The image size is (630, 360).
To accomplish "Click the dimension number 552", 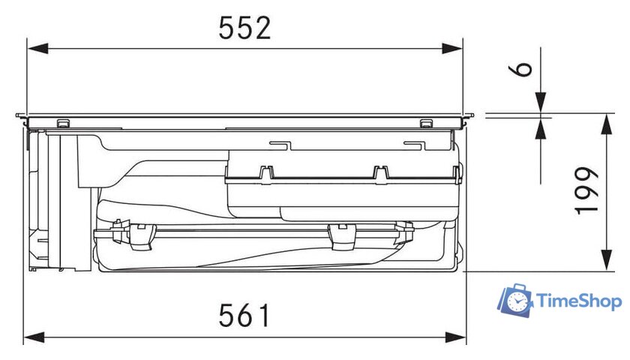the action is (x=245, y=28).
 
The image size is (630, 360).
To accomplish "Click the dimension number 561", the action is (x=244, y=315).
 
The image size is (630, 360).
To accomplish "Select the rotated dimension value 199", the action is (x=587, y=191).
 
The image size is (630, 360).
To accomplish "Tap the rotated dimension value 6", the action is (x=521, y=69).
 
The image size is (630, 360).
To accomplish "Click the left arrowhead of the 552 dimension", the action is (x=37, y=49).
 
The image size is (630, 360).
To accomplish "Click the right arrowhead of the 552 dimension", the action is (x=452, y=49).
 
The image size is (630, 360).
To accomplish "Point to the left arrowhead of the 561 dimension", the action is (x=34, y=337).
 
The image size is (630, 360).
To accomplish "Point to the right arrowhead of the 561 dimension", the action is (x=456, y=337).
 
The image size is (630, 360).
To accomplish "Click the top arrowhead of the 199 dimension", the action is (x=606, y=124).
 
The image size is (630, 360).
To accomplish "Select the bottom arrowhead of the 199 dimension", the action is (x=606, y=260).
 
